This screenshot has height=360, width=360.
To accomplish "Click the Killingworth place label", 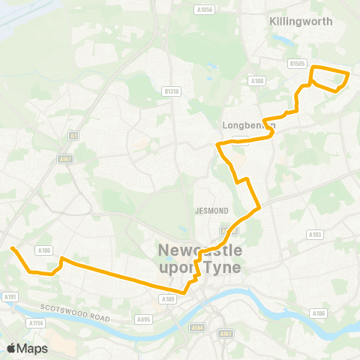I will (x=300, y=22).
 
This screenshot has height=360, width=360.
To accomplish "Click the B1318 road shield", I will (x=172, y=91).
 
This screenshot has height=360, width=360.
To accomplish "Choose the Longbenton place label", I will (x=249, y=125).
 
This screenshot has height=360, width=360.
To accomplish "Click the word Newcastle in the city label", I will (x=199, y=250).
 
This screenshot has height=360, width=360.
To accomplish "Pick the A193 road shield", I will (x=315, y=235).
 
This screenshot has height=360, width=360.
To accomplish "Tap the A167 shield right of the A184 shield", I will (x=223, y=333).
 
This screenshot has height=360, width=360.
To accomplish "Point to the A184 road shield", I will (x=198, y=327).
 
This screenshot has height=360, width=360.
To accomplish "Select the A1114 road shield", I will (x=35, y=323).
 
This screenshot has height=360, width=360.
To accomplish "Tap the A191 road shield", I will (x=10, y=297).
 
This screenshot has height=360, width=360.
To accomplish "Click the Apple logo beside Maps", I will (x=11, y=348).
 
